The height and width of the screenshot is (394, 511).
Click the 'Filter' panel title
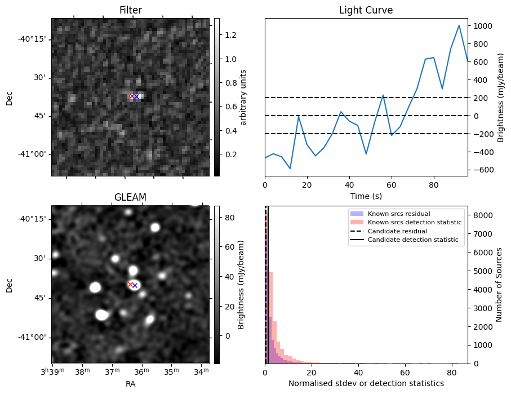(130, 10)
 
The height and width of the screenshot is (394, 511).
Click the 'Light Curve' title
(366, 10)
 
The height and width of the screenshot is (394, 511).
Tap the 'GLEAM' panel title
(130, 197)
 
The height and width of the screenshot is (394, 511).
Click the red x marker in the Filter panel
(132, 96)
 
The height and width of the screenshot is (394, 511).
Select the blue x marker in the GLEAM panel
(135, 285)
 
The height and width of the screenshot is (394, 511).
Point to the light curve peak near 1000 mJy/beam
(459, 25)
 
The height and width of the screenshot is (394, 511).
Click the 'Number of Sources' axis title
(499, 285)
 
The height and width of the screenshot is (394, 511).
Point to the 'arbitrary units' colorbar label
(243, 98)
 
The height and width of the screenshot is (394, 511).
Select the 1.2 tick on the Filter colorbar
(226, 35)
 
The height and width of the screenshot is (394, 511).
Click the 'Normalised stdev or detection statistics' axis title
(366, 383)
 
